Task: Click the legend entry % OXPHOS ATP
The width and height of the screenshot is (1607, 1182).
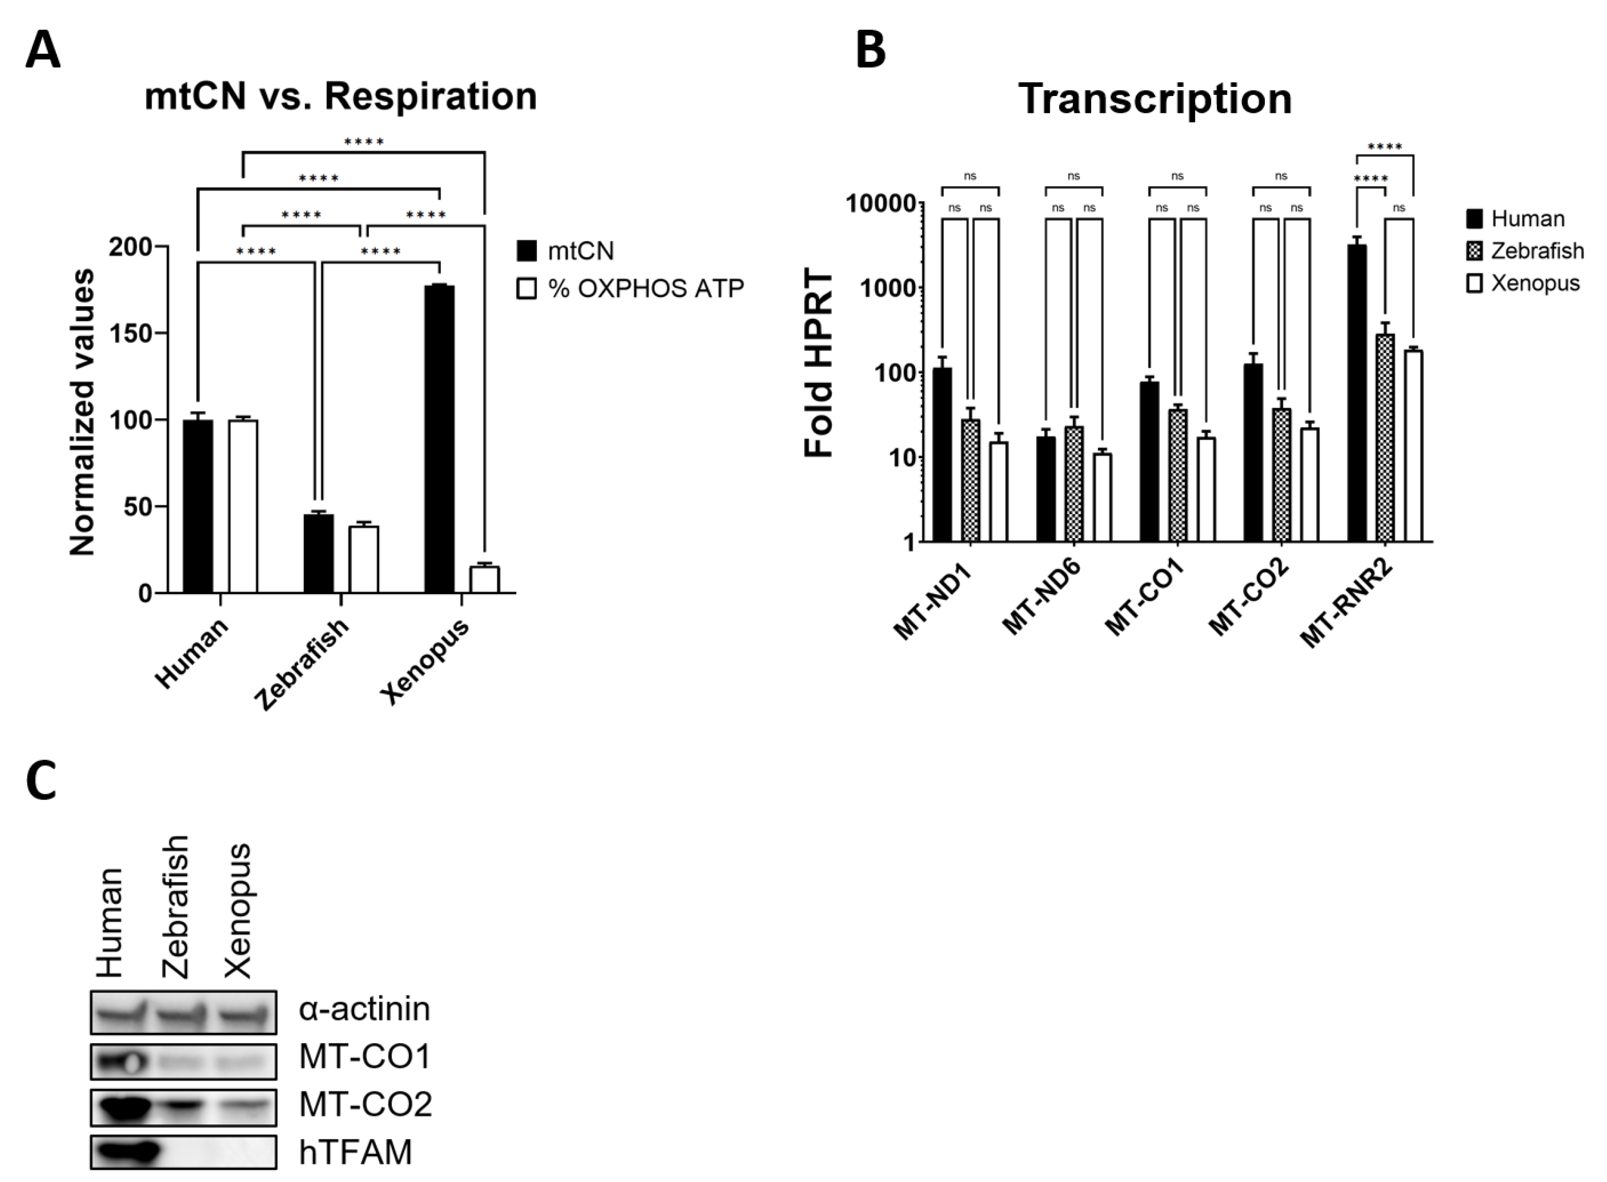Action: (630, 288)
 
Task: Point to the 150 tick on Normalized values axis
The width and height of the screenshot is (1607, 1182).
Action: (140, 333)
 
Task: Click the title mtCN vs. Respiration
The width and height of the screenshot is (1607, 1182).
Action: (341, 96)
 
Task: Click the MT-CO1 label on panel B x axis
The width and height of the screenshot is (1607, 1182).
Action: (1143, 598)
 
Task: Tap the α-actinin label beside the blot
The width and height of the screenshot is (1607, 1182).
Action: (364, 1009)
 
